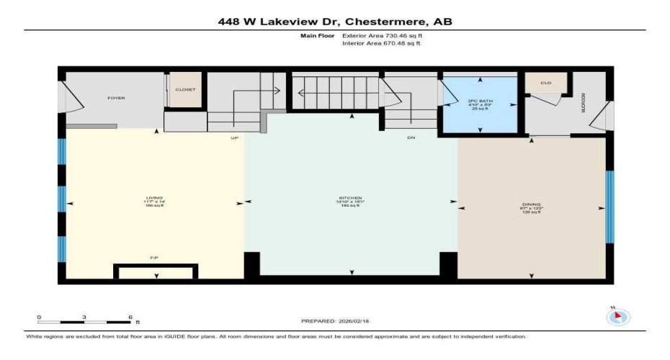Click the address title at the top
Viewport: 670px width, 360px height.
click(335, 22)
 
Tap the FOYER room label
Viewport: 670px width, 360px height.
click(116, 98)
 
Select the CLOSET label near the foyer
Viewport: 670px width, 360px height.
click(185, 89)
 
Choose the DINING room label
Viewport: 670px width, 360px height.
click(532, 204)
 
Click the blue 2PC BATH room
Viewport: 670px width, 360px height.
click(480, 104)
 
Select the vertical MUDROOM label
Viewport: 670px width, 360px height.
click(584, 106)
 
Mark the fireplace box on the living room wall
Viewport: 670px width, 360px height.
click(156, 271)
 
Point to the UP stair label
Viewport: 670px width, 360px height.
click(234, 137)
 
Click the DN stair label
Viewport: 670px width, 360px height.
click(411, 137)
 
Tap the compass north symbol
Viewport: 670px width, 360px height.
click(619, 316)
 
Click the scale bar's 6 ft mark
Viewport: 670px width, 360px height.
click(129, 318)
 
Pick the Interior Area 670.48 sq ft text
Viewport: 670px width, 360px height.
click(381, 43)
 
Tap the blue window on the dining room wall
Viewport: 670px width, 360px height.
click(609, 207)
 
